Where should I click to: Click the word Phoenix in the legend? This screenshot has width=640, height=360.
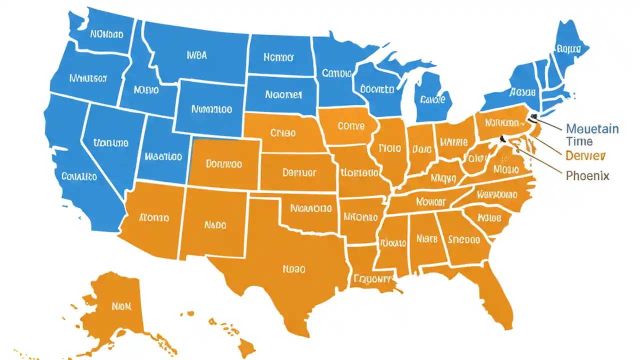click(x=587, y=176)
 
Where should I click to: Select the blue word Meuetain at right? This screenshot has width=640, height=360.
click(x=592, y=129)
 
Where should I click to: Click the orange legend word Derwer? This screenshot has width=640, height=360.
click(x=585, y=155)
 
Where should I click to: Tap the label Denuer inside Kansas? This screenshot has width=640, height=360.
click(x=299, y=172)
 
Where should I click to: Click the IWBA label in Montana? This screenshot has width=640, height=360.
click(x=196, y=55)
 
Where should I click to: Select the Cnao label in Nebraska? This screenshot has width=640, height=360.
click(x=283, y=133)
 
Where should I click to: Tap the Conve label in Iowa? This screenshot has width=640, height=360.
click(x=351, y=126)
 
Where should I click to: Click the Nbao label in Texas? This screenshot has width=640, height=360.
click(x=293, y=268)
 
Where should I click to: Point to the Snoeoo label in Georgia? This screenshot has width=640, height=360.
click(x=463, y=239)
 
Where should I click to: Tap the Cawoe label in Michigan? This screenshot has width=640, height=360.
click(x=432, y=100)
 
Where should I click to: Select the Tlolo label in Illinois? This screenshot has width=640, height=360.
click(x=389, y=148)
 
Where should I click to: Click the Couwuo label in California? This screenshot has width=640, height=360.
click(x=79, y=176)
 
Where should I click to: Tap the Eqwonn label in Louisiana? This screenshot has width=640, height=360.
click(x=372, y=278)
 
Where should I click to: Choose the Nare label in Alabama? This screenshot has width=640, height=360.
click(x=426, y=239)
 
